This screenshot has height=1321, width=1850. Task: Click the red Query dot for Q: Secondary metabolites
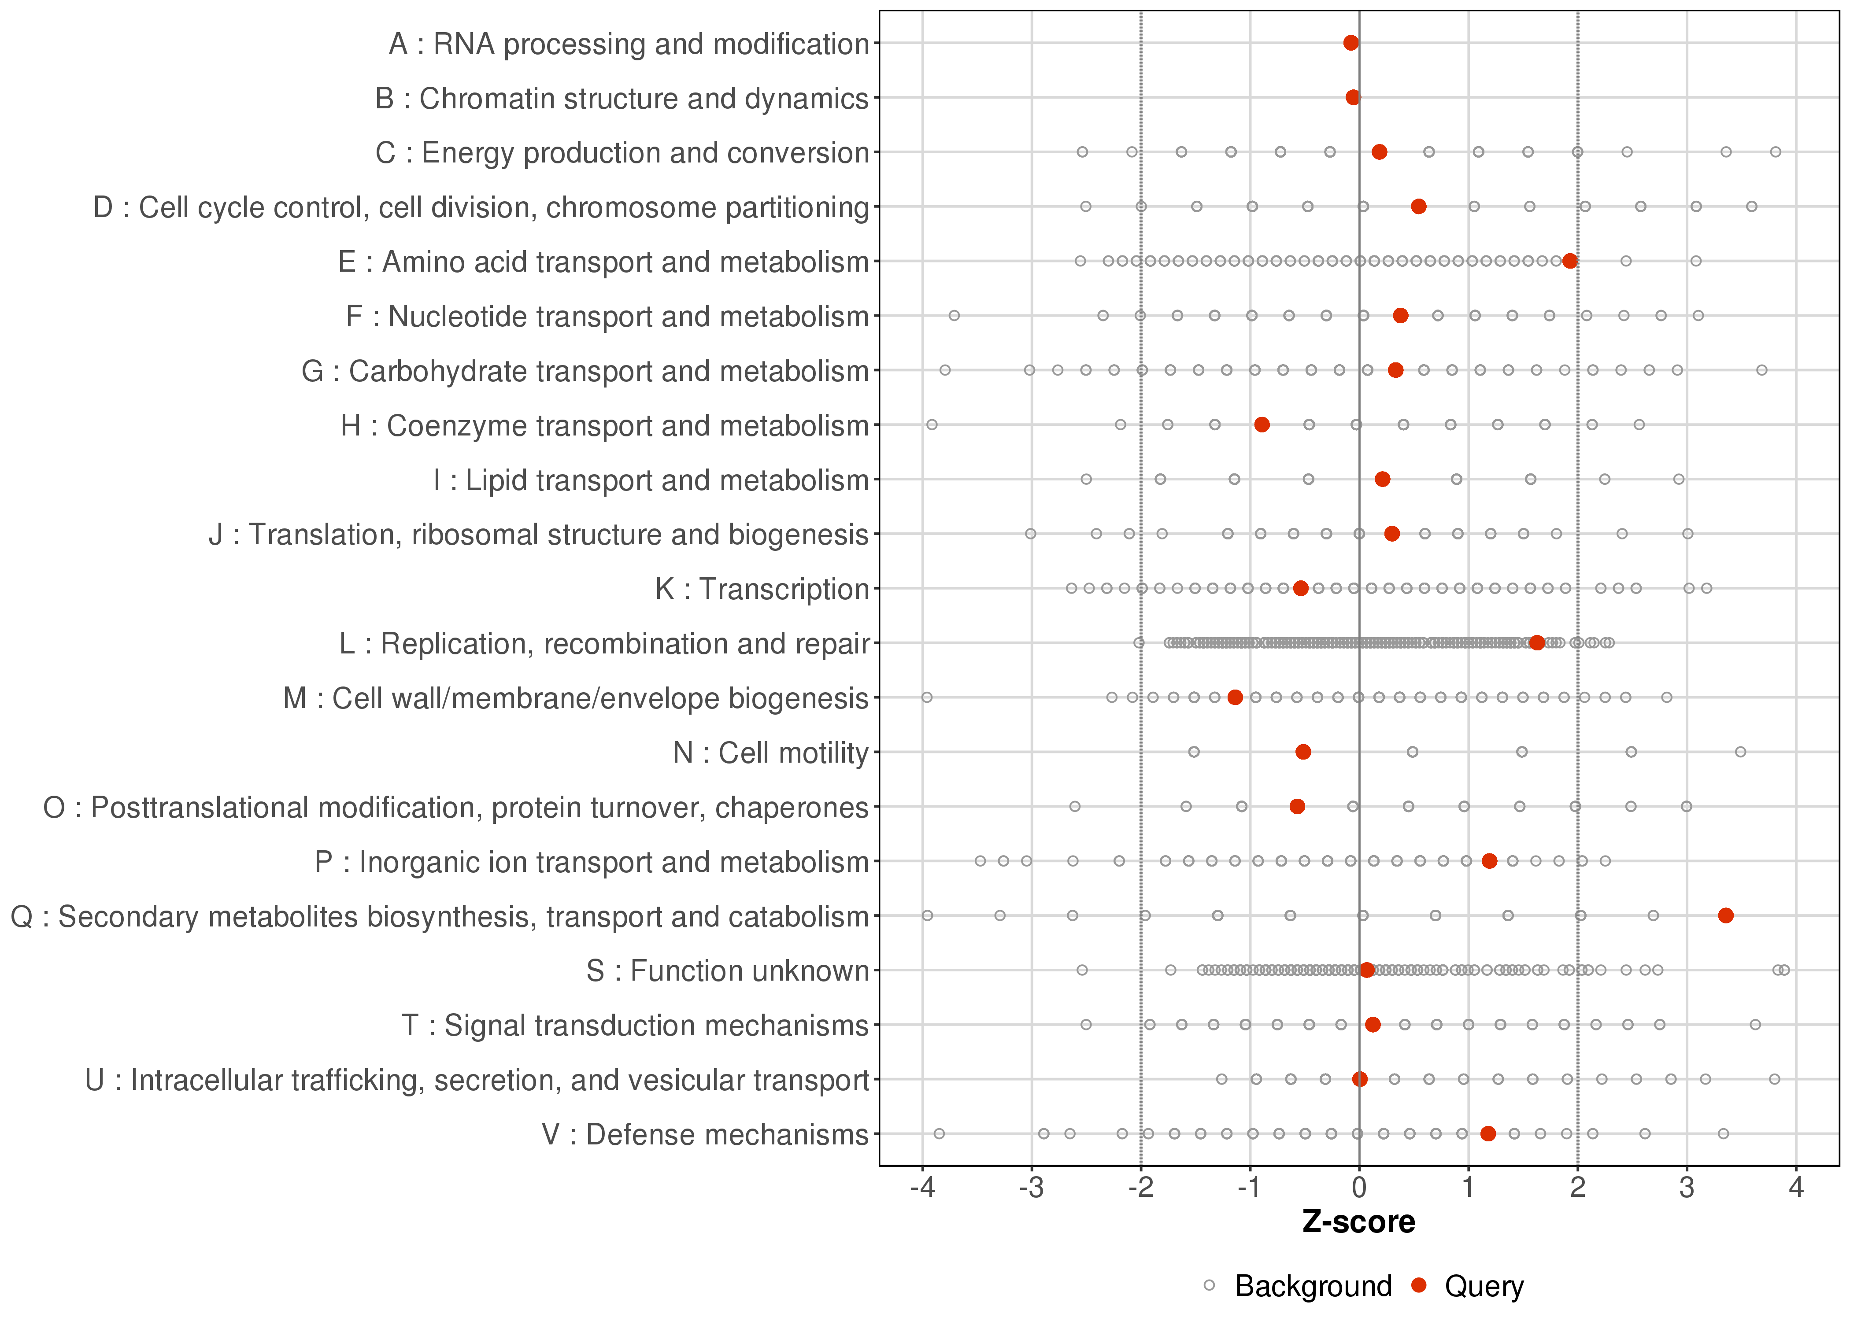(x=1725, y=916)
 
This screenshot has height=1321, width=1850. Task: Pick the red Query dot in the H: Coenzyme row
(x=1262, y=424)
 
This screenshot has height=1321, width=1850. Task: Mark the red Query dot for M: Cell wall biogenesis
(x=1235, y=697)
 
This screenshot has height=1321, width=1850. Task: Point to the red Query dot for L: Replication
(x=1537, y=642)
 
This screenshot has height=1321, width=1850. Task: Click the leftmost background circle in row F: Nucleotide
(x=954, y=316)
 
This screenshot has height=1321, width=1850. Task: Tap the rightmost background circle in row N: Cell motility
(x=1740, y=752)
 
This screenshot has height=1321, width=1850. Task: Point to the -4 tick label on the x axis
(x=922, y=1188)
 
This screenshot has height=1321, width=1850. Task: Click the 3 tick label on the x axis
(x=1687, y=1188)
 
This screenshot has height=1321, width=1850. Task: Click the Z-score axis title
(x=1358, y=1222)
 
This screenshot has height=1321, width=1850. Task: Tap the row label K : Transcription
(x=762, y=589)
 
